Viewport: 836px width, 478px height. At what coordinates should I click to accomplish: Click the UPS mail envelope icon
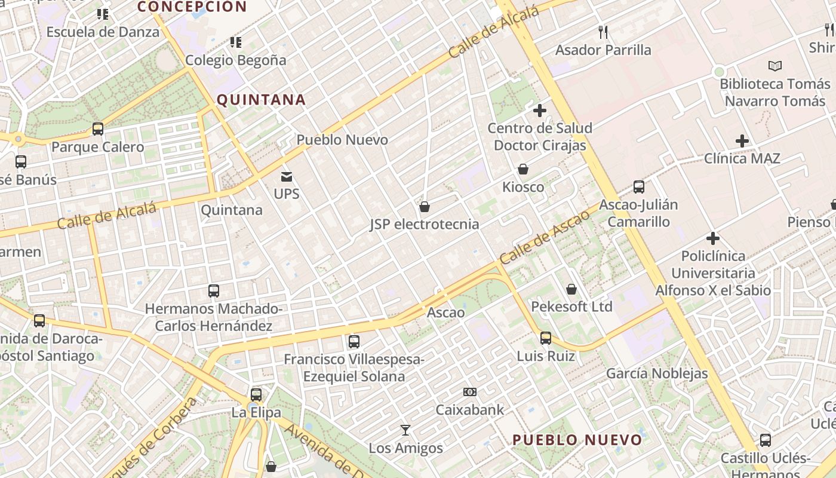(287, 176)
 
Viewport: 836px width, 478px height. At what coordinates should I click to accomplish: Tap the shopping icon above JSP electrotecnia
(425, 207)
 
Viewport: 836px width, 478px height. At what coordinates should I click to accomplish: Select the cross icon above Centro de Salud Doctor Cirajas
(540, 111)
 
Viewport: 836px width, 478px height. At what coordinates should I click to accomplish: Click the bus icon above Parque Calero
(97, 129)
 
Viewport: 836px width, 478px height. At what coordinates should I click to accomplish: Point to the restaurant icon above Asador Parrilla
(603, 32)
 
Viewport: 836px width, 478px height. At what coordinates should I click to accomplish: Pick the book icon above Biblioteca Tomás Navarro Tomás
(775, 66)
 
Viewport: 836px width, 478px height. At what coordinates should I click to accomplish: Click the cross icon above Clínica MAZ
(742, 141)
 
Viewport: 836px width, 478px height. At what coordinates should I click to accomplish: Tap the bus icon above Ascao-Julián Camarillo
(639, 187)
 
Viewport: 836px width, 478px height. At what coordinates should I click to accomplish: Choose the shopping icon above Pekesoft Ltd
(571, 289)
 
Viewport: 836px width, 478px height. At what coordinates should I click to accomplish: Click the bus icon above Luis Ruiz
(546, 338)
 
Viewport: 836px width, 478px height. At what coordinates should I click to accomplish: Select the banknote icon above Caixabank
(470, 392)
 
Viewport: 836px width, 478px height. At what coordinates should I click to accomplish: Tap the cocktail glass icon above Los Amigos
(405, 430)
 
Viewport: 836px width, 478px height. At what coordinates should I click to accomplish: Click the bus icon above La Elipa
(256, 395)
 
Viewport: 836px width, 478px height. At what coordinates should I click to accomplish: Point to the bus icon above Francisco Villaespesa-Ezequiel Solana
(354, 342)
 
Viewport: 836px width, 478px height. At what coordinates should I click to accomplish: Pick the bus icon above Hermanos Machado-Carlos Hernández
(214, 291)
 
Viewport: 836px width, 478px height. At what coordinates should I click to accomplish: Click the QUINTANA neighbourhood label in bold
(261, 100)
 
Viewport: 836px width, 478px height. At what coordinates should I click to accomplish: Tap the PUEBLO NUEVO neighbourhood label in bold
(577, 440)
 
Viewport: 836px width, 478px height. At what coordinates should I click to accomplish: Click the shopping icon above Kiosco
(523, 170)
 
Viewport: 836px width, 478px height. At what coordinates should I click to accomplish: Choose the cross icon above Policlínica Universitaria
(712, 238)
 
